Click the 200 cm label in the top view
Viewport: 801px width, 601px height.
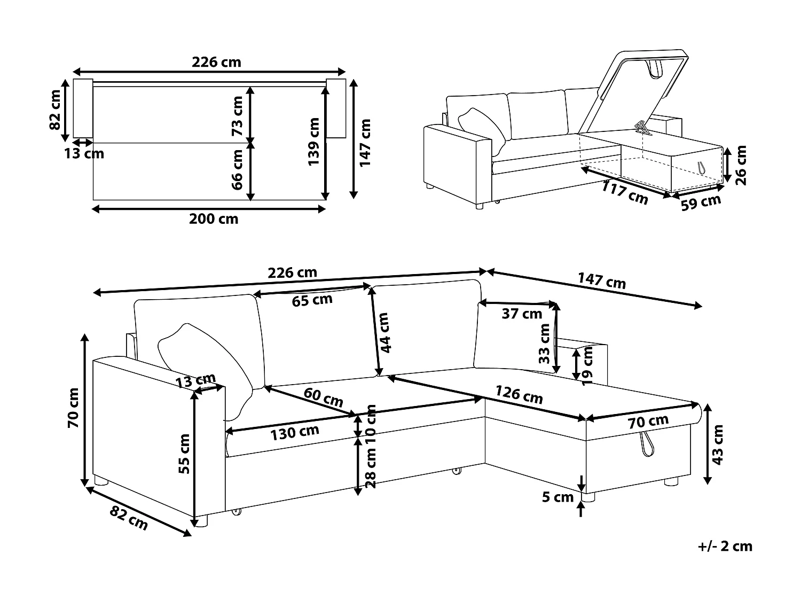coord(214,218)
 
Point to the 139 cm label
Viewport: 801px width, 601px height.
coord(314,142)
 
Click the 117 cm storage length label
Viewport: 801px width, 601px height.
coord(625,192)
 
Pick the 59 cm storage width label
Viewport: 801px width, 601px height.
coord(701,202)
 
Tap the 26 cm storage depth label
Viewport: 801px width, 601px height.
coord(741,165)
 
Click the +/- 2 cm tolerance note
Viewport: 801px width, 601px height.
coord(725,546)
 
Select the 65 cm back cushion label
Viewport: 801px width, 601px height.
coord(312,300)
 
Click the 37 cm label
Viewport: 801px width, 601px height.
coord(522,314)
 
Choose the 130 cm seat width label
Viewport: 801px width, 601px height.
coord(295,432)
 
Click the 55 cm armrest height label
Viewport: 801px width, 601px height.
coord(184,454)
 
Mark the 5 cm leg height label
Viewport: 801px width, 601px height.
coord(557,497)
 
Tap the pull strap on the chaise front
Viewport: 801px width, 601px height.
coord(648,444)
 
